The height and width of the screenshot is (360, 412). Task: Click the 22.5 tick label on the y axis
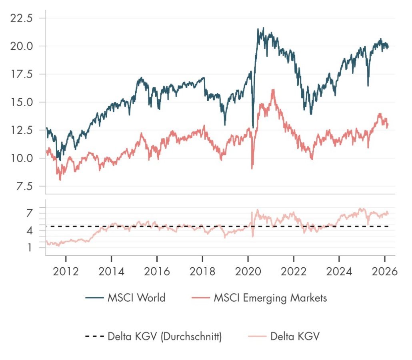point(25,18)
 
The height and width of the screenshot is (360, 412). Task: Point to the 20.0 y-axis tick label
point(25,46)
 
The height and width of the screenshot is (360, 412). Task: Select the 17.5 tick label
point(25,74)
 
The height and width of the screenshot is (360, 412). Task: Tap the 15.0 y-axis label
point(25,102)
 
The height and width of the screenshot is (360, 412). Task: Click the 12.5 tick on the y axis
point(25,130)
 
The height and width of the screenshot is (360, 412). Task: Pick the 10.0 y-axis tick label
point(25,158)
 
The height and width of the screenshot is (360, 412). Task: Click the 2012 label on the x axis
point(66,272)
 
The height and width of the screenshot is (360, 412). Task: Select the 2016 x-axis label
point(157,272)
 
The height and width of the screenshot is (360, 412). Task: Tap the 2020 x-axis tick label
point(248,272)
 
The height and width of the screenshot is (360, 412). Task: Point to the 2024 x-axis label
point(339,272)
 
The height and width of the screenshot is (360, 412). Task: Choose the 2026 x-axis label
point(384,272)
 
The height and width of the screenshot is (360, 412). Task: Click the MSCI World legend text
point(136,298)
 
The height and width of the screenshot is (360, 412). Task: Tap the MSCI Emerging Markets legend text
point(270,298)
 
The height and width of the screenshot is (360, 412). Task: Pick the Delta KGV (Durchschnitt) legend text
point(165,336)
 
